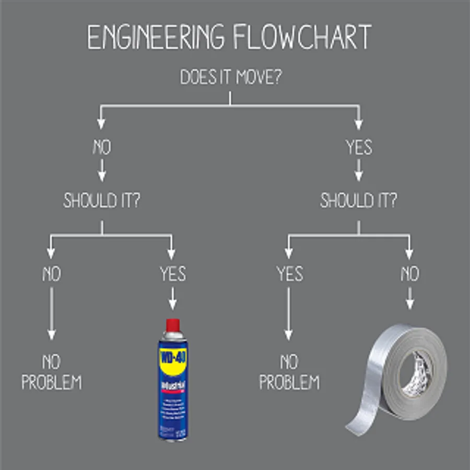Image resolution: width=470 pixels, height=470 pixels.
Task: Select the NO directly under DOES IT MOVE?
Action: click(102, 148)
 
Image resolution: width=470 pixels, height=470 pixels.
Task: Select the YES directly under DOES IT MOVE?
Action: click(359, 148)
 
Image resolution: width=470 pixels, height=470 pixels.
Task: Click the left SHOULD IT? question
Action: click(102, 200)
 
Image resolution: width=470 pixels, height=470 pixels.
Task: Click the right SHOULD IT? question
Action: click(359, 200)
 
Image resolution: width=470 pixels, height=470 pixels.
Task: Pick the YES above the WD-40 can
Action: click(172, 274)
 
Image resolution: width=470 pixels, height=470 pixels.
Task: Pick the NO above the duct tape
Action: click(409, 274)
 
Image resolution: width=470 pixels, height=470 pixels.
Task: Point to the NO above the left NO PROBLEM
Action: click(51, 274)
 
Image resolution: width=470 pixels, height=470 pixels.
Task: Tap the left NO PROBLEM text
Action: click(51, 372)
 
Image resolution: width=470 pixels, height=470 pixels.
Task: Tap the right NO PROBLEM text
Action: click(289, 372)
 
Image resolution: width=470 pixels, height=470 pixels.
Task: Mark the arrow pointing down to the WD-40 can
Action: click(172, 301)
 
